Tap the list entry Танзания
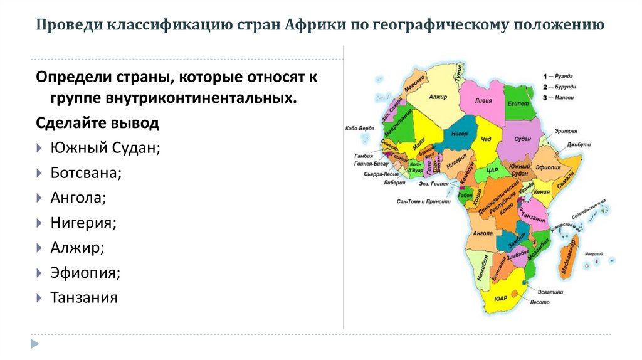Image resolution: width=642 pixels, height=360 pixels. tap(84, 297)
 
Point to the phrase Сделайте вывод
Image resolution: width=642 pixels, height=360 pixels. tap(97, 123)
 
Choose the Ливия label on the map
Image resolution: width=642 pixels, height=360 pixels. tap(483, 100)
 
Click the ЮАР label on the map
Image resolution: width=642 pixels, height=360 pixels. tap(500, 299)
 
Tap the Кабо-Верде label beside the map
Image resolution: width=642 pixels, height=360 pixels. tap(359, 128)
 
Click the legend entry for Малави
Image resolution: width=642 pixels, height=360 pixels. tap(563, 97)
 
